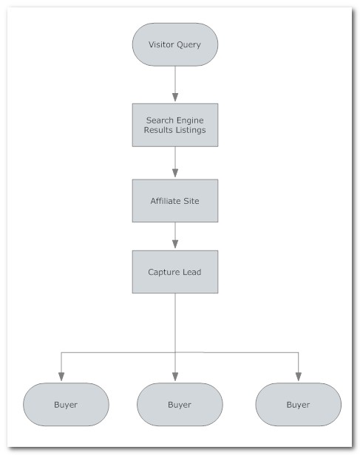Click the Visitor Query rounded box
point(175,44)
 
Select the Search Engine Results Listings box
point(175,125)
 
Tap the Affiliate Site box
point(175,201)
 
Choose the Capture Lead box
point(175,272)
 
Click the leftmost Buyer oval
point(66,405)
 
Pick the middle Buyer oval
point(180,405)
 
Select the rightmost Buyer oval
point(299,405)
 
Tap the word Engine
point(190,120)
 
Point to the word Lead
point(192,272)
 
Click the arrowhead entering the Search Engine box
point(175,97)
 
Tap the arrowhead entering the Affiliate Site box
point(175,173)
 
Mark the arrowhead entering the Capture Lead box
point(175,244)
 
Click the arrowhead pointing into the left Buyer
point(61,377)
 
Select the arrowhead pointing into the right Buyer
point(299,377)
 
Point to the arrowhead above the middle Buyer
point(175,377)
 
